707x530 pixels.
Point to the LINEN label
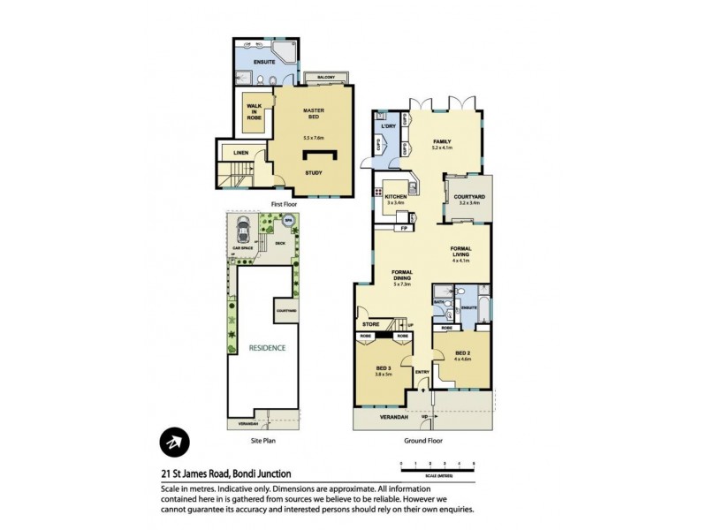tap(240, 153)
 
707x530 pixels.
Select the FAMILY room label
tap(442, 141)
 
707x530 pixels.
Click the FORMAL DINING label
tap(402, 275)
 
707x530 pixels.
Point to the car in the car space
tap(243, 235)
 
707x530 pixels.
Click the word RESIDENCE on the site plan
tap(266, 348)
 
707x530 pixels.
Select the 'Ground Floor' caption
tap(423, 439)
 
